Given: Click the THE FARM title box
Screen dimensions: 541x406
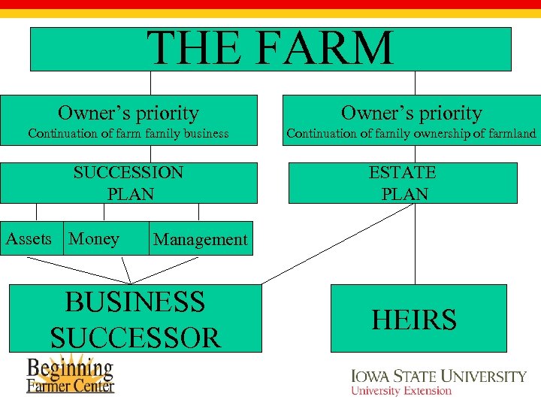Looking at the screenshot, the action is [270, 48].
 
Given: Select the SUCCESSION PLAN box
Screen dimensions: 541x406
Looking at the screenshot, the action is [128, 183].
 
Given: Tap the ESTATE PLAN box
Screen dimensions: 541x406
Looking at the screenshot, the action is [403, 183].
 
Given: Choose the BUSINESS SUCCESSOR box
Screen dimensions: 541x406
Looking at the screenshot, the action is [136, 318].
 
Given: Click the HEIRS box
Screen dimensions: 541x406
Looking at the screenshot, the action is [419, 318].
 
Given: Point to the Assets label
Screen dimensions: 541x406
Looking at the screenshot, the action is [29, 239].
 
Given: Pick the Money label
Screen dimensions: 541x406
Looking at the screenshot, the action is [94, 239].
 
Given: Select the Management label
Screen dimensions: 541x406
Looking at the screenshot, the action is [200, 240].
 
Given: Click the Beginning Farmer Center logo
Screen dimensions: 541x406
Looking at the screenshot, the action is [71, 374].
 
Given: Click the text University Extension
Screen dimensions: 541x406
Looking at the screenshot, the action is [401, 391].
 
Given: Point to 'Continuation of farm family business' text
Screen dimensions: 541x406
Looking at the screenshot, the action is [128, 134].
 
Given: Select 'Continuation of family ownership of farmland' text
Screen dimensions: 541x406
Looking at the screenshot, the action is [411, 134].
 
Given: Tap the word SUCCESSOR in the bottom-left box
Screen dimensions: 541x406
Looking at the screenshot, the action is [136, 337].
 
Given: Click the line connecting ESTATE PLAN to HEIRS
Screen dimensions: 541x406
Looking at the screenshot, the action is [416, 244].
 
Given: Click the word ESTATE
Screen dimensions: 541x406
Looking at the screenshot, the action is [403, 172].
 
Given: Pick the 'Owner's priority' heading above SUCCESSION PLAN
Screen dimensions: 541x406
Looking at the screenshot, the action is [128, 113].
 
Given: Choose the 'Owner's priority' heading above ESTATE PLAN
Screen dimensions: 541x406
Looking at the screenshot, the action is [411, 113].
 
